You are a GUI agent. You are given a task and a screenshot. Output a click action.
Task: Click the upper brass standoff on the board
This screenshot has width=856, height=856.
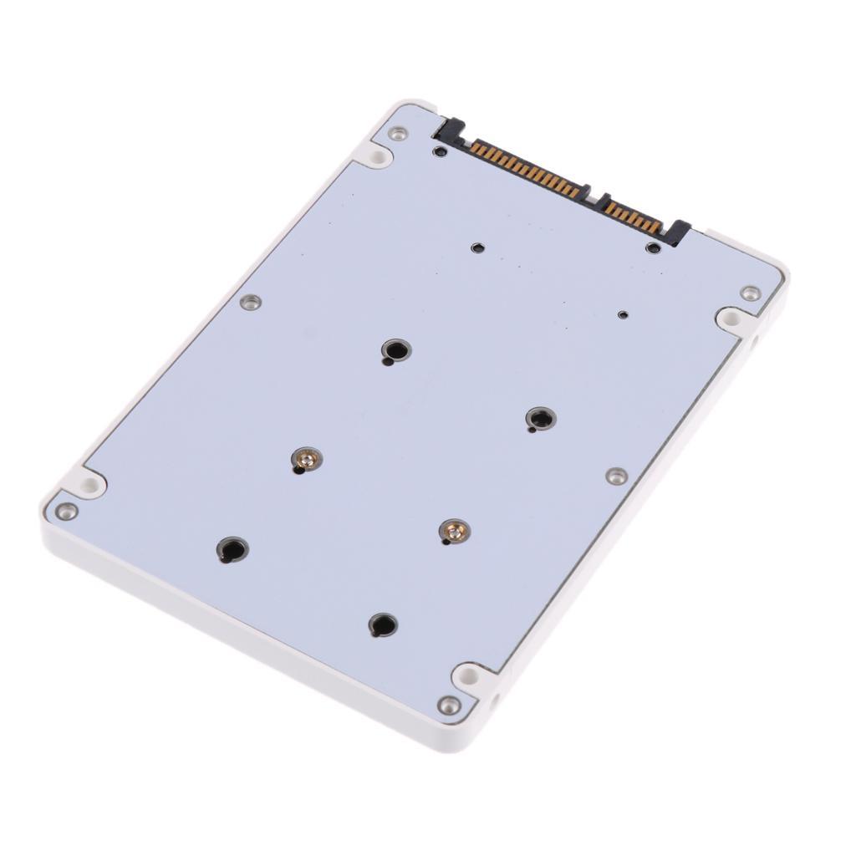tap(306, 458)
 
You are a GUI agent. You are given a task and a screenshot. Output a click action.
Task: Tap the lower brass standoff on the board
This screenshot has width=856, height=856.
tap(454, 530)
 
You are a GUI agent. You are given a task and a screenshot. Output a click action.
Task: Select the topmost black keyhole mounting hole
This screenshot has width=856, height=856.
tap(395, 349)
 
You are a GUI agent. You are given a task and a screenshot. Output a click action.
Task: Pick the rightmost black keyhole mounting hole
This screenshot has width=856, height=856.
tap(540, 419)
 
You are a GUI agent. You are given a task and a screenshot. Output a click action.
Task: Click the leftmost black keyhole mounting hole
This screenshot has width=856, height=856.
tap(232, 549)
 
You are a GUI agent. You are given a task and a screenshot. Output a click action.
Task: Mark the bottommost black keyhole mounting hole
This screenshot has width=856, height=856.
tap(382, 624)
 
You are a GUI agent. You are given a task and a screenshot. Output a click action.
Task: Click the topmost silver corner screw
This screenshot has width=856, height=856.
tap(398, 133)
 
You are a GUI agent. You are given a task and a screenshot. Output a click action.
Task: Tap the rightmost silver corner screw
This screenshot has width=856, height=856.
tap(750, 293)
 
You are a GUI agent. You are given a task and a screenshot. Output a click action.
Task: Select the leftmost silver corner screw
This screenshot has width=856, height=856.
tap(66, 511)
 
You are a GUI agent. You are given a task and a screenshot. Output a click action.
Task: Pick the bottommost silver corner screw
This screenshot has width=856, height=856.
tap(449, 705)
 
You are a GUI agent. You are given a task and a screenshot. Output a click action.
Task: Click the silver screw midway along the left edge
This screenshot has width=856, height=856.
tap(250, 302)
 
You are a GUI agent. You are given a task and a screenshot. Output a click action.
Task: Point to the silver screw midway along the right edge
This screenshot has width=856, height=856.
tap(616, 476)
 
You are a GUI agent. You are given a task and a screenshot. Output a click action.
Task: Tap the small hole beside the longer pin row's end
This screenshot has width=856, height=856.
tap(440, 151)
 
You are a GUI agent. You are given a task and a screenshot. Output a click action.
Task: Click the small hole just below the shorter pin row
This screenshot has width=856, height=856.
tap(653, 247)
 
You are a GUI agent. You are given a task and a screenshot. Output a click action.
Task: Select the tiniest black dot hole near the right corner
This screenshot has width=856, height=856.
tap(622, 314)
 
